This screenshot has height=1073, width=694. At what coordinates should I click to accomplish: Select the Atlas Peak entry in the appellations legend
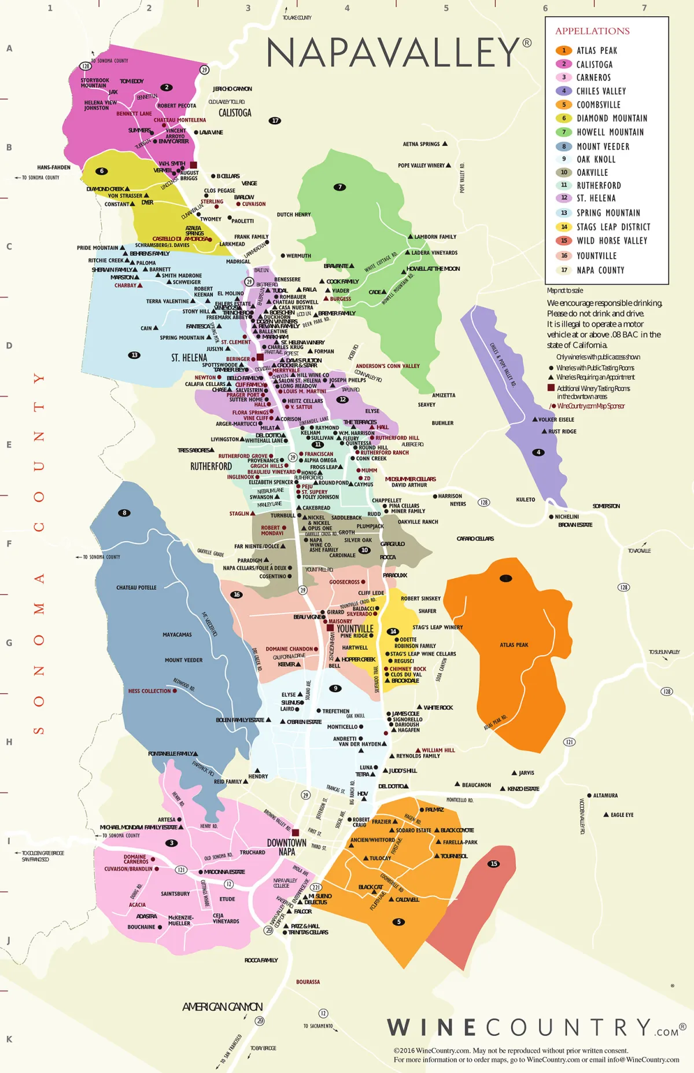[596, 51]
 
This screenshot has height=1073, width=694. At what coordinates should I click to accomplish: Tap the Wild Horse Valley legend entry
[611, 241]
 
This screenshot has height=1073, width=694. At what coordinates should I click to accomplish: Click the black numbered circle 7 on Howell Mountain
[339, 187]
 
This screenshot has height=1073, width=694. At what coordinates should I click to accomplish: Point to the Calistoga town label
[235, 113]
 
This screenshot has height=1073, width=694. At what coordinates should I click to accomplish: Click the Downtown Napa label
[287, 847]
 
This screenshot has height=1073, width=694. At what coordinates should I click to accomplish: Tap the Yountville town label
[355, 629]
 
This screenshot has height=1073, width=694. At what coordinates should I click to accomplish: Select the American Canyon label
[223, 1007]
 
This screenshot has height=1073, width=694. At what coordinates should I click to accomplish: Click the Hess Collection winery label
[149, 691]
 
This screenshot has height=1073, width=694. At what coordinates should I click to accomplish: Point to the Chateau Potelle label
[136, 587]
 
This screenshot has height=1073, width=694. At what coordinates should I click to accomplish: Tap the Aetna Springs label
[421, 144]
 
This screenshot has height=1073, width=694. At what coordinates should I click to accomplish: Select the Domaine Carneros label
[135, 859]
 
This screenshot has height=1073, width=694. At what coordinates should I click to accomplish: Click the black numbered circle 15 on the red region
[494, 863]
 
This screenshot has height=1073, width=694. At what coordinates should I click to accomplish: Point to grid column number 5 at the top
[446, 8]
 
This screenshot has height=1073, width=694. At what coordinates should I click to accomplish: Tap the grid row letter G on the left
[9, 643]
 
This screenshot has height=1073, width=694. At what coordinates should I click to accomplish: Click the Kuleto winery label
[525, 499]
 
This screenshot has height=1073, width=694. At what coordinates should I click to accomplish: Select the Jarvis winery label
[526, 773]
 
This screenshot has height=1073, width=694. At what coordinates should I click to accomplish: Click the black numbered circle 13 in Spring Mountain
[134, 355]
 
